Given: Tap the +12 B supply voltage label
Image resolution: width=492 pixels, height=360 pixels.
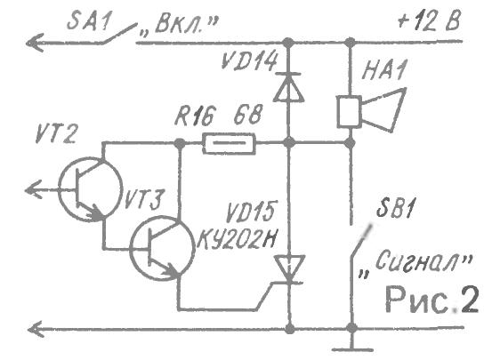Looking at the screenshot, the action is pyautogui.click(x=429, y=20).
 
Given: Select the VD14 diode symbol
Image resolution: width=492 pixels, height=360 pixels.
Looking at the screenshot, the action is pyautogui.click(x=288, y=87).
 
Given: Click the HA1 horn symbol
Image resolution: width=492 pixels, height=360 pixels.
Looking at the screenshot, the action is pyautogui.click(x=371, y=108).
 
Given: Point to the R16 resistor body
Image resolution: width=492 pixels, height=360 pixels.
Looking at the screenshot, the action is pyautogui.click(x=229, y=144).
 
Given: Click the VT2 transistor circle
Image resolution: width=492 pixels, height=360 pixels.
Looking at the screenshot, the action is pyautogui.click(x=90, y=190).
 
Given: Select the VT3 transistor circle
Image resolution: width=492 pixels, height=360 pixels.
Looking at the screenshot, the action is pyautogui.click(x=162, y=248).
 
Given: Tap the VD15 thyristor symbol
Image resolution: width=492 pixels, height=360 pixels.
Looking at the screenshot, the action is pyautogui.click(x=288, y=269).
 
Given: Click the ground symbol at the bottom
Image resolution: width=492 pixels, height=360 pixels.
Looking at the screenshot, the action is pyautogui.click(x=352, y=345).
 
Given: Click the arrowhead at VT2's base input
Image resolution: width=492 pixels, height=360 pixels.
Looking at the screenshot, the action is pyautogui.click(x=33, y=189).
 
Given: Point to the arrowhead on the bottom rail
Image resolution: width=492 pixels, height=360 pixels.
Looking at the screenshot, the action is pyautogui.click(x=36, y=329).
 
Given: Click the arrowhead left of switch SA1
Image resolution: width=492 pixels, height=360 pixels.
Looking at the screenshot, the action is pyautogui.click(x=34, y=43).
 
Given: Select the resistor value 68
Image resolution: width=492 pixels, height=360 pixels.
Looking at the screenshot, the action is pyautogui.click(x=247, y=115).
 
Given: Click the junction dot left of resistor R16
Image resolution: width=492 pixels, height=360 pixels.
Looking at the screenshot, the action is pyautogui.click(x=180, y=143).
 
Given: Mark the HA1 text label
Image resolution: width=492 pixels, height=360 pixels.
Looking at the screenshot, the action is pyautogui.click(x=383, y=69).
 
